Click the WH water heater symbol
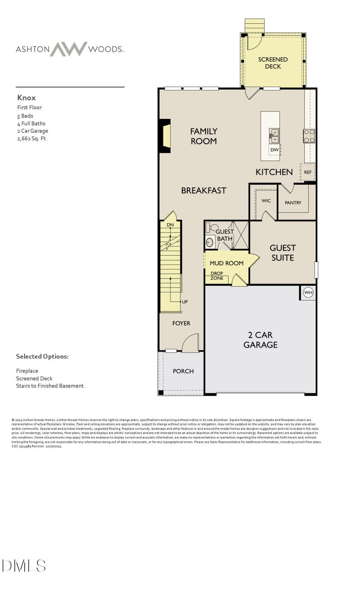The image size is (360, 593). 308,293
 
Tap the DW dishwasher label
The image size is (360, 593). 274,149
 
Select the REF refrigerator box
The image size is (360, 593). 308,172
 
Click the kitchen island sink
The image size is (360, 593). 274,133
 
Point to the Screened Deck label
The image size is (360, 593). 273,63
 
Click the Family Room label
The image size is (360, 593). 203,136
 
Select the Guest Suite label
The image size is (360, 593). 283,253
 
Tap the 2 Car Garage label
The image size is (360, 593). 260,340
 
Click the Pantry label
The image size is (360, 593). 293,203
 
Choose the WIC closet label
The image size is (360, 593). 266,200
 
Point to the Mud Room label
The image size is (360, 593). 226,263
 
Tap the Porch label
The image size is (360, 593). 183,371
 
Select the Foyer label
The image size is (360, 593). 181,323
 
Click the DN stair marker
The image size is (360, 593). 170,224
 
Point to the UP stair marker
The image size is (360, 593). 184,302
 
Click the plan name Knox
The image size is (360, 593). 26,97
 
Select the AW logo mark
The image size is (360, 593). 68,49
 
